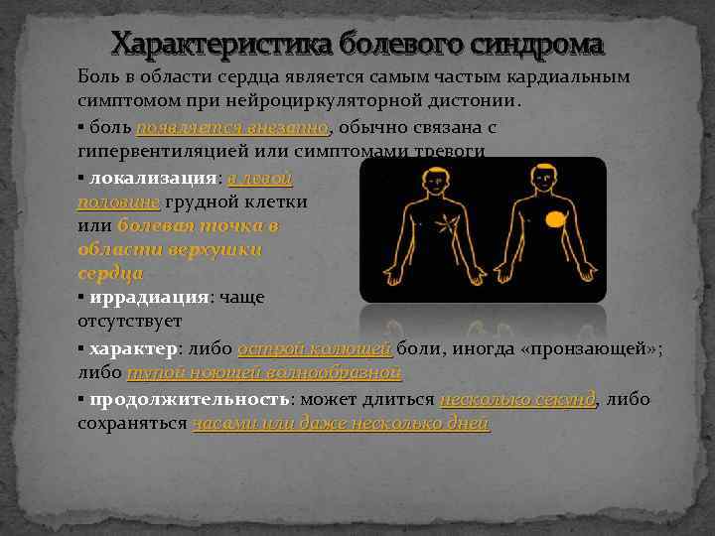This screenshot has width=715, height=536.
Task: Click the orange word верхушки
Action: tap(221, 250)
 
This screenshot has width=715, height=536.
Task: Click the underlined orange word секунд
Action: tap(563, 399)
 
